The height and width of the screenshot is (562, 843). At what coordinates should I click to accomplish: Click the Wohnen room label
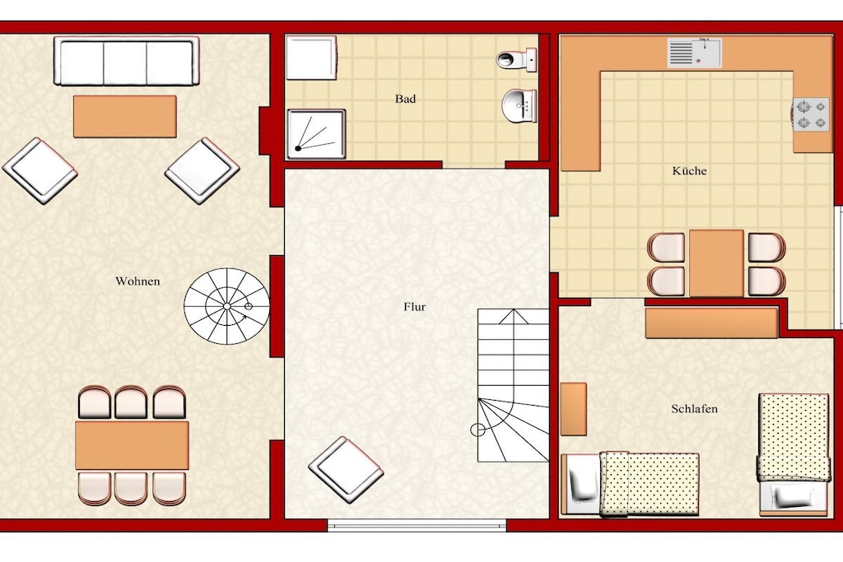pyautogui.click(x=137, y=281)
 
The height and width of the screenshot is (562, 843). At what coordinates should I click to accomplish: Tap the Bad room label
pyautogui.click(x=405, y=99)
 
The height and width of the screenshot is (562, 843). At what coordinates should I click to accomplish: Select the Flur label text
pyautogui.click(x=415, y=307)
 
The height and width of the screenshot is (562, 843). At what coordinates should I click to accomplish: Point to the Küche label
pyautogui.click(x=689, y=171)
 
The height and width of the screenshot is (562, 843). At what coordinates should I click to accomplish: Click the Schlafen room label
pyautogui.click(x=694, y=409)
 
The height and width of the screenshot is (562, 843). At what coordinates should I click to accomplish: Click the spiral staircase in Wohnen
pyautogui.click(x=227, y=306)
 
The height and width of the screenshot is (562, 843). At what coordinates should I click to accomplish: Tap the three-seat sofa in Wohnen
pyautogui.click(x=127, y=61)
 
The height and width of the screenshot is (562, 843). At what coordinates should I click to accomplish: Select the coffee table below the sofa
pyautogui.click(x=125, y=117)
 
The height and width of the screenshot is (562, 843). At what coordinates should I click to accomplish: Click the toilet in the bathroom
pyautogui.click(x=517, y=58)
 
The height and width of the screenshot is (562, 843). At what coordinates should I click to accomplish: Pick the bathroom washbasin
pyautogui.click(x=519, y=105)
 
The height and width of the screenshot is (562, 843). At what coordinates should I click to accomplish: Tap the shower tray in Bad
pyautogui.click(x=316, y=134)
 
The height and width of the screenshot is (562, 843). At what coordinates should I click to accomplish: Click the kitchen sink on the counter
pyautogui.click(x=694, y=53)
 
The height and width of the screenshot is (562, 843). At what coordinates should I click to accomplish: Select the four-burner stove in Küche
pyautogui.click(x=810, y=115)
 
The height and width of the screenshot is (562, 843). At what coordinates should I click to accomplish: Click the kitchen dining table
pyautogui.click(x=716, y=263)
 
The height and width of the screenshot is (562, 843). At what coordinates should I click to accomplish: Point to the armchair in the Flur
pyautogui.click(x=346, y=470)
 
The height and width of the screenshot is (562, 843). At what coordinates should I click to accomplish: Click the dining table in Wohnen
pyautogui.click(x=132, y=445)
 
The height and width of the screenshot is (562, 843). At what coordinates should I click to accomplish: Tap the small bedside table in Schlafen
pyautogui.click(x=574, y=409)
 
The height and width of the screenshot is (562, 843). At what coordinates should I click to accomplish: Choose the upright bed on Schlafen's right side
pyautogui.click(x=793, y=454)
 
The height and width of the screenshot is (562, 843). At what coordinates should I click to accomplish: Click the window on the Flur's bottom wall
pyautogui.click(x=417, y=525)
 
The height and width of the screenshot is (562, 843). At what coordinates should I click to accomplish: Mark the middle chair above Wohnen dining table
pyautogui.click(x=131, y=402)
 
